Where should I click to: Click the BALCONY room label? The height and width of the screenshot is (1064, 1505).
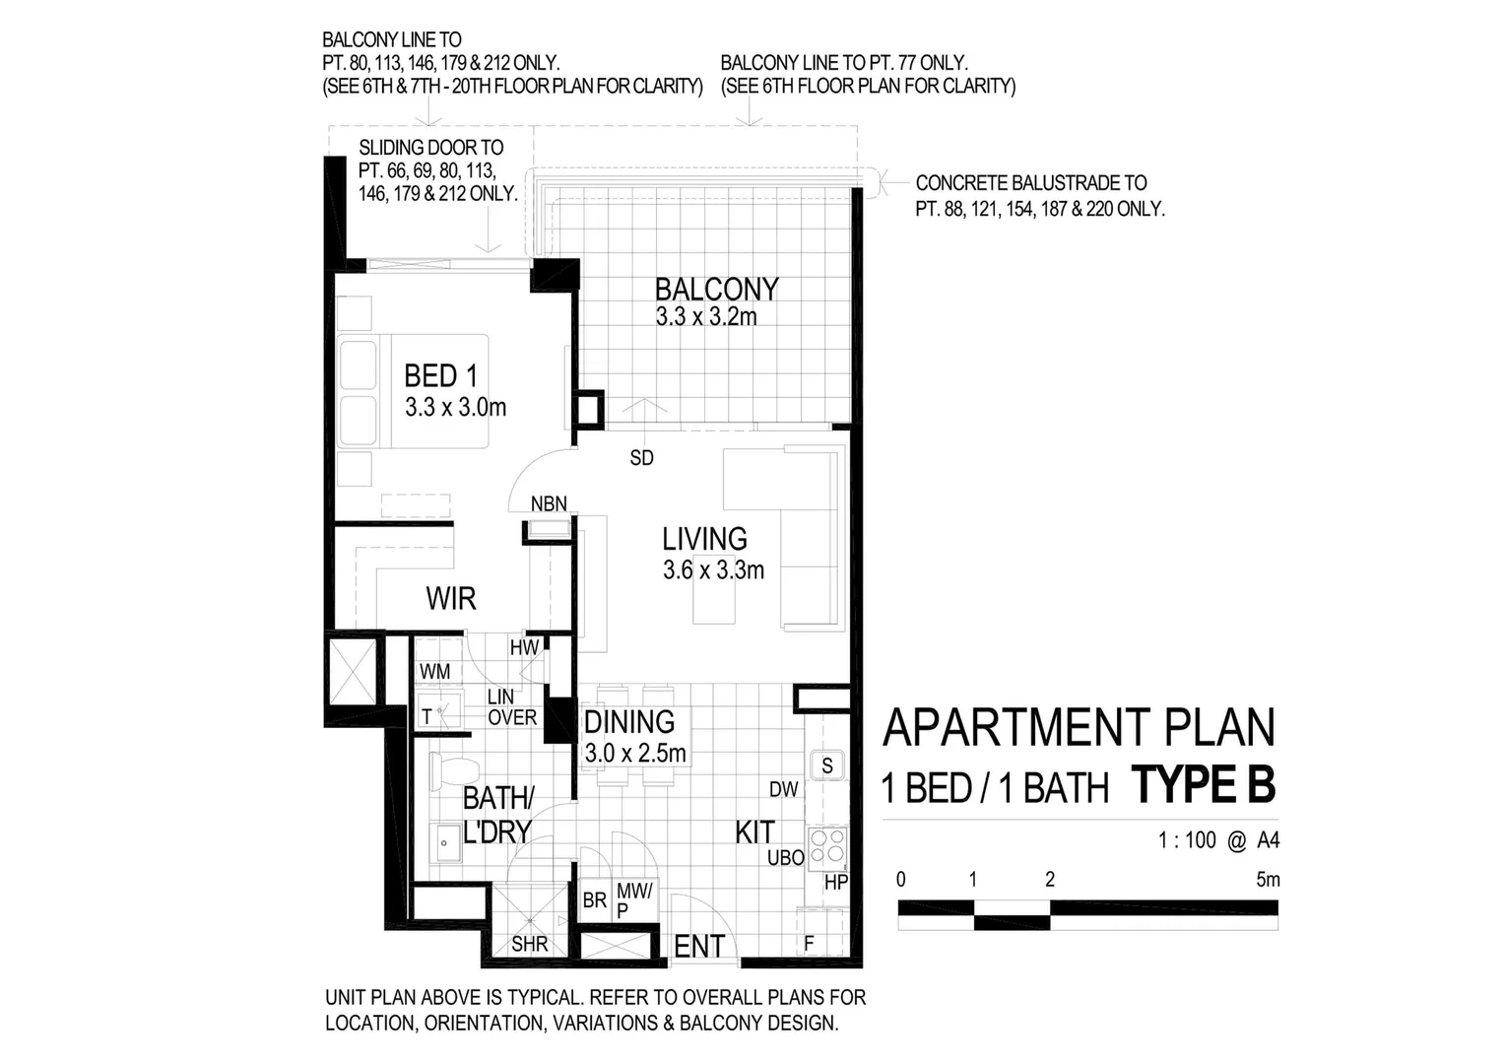click(716, 289)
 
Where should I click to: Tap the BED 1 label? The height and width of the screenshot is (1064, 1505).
click(440, 375)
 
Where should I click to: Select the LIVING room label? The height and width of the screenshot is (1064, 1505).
click(704, 539)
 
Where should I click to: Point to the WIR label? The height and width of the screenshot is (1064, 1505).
click(451, 598)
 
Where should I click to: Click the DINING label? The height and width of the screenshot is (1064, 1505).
click(629, 722)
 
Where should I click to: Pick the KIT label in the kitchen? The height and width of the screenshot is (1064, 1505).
click(754, 832)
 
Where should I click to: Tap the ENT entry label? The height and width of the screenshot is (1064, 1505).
click(698, 947)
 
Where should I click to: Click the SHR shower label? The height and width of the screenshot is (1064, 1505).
click(529, 945)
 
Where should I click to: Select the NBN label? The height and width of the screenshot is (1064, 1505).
click(549, 504)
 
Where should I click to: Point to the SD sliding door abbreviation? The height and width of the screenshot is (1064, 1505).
click(641, 458)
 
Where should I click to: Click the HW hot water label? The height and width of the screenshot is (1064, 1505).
click(524, 648)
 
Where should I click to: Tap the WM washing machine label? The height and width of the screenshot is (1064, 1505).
click(434, 672)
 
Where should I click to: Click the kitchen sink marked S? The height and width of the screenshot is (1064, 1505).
click(827, 765)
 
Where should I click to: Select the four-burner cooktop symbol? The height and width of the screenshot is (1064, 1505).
click(826, 846)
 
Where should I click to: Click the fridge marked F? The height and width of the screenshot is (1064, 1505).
click(809, 944)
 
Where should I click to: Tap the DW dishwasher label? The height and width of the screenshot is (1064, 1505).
click(784, 789)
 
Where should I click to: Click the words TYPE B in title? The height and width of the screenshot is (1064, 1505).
click(1204, 786)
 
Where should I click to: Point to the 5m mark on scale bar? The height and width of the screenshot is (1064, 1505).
click(1268, 879)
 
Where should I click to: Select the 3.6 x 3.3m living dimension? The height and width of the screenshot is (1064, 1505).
click(713, 569)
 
